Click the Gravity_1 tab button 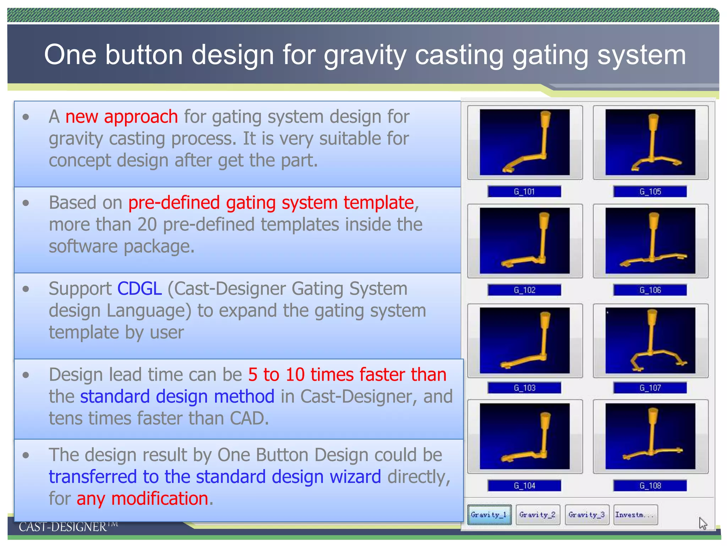pos(489,514)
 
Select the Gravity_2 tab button pos(538,514)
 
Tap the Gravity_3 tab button pos(587,514)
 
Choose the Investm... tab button pos(635,514)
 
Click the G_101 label pos(524,192)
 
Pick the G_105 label pos(650,192)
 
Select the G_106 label pos(650,290)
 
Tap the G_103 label pos(524,388)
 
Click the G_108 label pos(650,486)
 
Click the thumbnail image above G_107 pos(650,340)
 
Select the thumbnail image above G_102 pos(525,241)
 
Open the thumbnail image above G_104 pos(525,436)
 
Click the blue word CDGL pos(140,289)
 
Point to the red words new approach pos(121,117)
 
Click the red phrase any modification pos(142,498)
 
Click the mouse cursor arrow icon pos(703,523)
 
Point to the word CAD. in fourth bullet pos(249,418)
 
